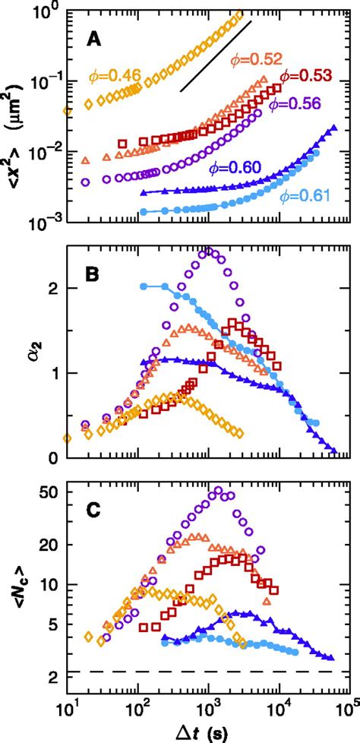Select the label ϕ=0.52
[256, 59]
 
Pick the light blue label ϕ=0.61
[303, 196]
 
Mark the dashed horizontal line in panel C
[205, 672]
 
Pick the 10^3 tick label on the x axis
[207, 709]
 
